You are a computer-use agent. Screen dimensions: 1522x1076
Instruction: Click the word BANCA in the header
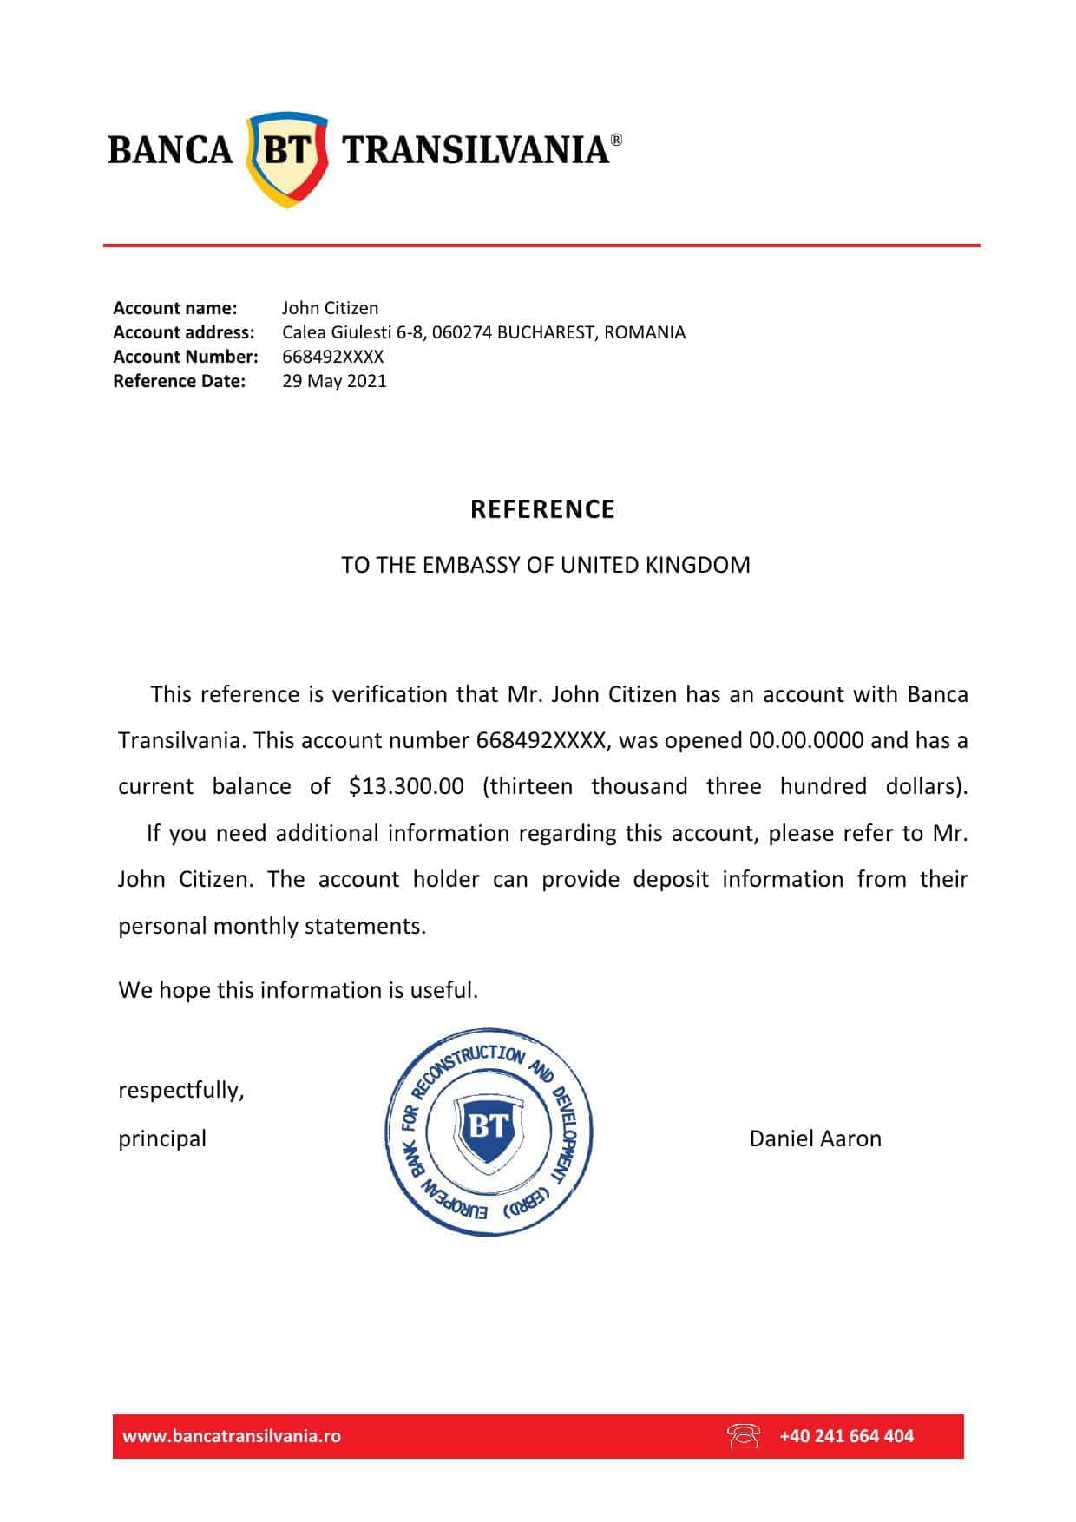point(171,150)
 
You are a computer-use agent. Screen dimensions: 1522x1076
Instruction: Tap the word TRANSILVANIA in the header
point(476,150)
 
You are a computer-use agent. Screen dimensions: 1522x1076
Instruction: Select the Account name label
point(174,308)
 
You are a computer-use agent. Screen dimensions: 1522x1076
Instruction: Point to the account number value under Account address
point(332,357)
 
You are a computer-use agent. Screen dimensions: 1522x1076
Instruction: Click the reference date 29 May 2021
point(334,381)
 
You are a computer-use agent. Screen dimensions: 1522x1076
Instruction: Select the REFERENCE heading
point(542,509)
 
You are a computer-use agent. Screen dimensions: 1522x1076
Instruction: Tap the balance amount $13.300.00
point(406,786)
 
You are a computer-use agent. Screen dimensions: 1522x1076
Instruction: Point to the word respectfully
point(181,1090)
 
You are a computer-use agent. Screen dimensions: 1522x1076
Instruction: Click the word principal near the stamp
point(162,1138)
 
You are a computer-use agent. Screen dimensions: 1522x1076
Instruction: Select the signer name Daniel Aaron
point(815,1138)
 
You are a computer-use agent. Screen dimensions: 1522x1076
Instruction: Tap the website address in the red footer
point(232,1436)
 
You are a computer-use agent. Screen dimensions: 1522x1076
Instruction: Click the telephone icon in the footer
point(743,1436)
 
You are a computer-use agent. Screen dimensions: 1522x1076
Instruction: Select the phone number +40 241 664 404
point(846,1436)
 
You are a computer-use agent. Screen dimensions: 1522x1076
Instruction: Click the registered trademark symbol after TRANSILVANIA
point(616,139)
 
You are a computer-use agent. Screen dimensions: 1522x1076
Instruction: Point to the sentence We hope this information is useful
point(298,990)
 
